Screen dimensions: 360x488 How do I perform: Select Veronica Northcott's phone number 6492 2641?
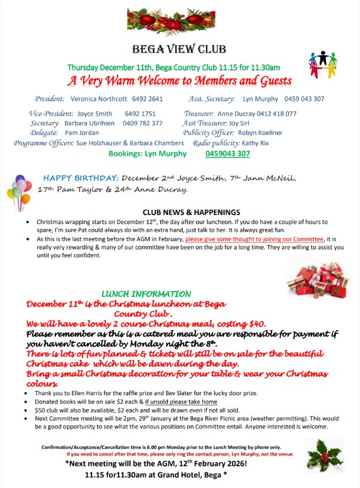(x=147, y=99)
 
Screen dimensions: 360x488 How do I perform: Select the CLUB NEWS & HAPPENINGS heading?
(x=191, y=212)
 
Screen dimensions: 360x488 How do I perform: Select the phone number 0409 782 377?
(x=143, y=123)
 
